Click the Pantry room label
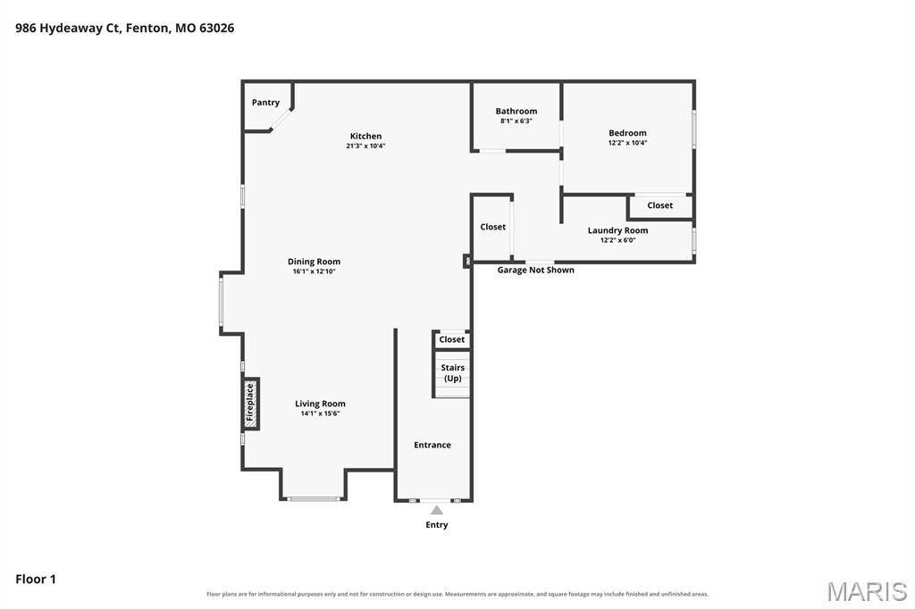click(x=265, y=103)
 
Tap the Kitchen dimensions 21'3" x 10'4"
click(x=365, y=146)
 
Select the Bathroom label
click(x=516, y=111)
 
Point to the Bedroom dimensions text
click(x=628, y=142)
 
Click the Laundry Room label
click(x=618, y=230)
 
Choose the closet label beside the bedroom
click(x=660, y=205)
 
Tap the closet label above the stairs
click(x=451, y=339)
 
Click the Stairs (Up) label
click(x=453, y=372)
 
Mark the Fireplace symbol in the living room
click(x=251, y=404)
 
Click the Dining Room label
click(x=314, y=262)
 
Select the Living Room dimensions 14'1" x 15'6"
click(x=321, y=413)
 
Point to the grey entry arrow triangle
click(x=436, y=511)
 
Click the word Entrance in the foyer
click(x=432, y=445)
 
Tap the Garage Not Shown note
click(x=536, y=270)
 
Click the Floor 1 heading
click(x=36, y=580)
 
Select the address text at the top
click(x=125, y=28)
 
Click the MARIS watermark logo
click(x=867, y=591)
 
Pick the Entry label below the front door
click(x=436, y=525)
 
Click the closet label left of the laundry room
click(x=493, y=227)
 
